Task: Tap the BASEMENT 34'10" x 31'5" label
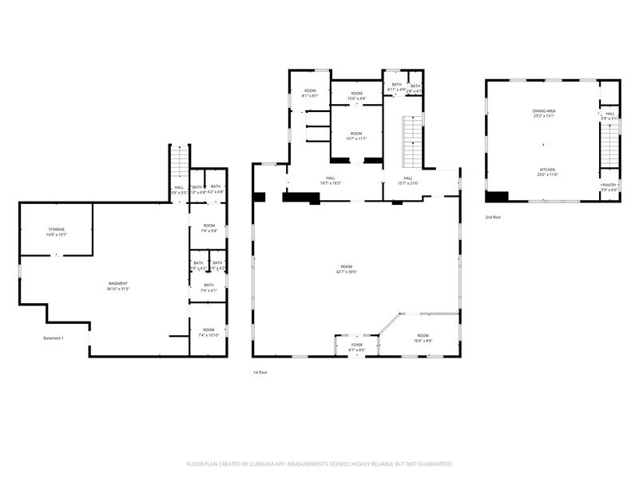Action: click(x=118, y=286)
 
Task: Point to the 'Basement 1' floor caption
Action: click(x=54, y=338)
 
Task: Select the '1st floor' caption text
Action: click(x=260, y=372)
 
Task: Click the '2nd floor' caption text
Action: click(x=493, y=217)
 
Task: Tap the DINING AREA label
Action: click(x=544, y=113)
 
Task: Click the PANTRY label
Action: click(x=609, y=187)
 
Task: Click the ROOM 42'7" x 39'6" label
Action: click(x=346, y=269)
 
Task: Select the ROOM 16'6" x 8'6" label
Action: click(x=423, y=338)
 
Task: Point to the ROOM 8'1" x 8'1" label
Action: click(x=310, y=94)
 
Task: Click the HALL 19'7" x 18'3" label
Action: click(x=331, y=180)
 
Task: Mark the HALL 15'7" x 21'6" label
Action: click(x=407, y=180)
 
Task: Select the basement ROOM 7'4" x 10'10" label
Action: click(x=208, y=332)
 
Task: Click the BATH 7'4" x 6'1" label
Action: click(x=208, y=287)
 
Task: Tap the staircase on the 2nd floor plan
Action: click(x=609, y=145)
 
